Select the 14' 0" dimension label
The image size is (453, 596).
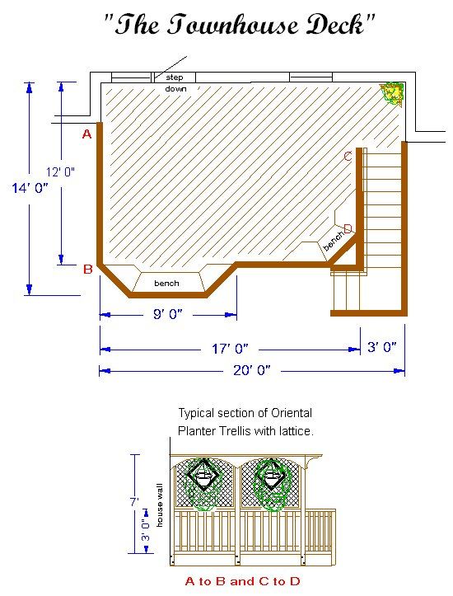pos(30,188)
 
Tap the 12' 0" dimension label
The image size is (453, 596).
pos(60,171)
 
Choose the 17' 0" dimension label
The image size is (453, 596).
pos(229,350)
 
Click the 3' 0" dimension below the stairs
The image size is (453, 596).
pos(382,347)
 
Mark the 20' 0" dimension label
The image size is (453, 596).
pos(252,371)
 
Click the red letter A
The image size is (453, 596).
pos(86,134)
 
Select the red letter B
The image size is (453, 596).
pos(86,269)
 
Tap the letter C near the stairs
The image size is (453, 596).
pos(348,156)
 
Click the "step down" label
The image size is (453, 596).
pos(175,82)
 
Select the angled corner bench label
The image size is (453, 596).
pos(333,241)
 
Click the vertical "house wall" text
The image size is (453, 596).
pos(161,505)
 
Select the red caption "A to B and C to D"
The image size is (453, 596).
pos(242,581)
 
